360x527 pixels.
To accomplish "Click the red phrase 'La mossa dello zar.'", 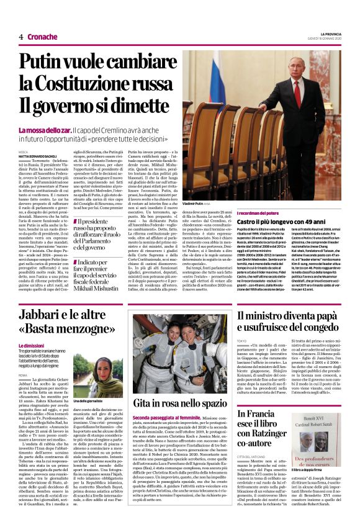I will [x=44, y=131].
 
